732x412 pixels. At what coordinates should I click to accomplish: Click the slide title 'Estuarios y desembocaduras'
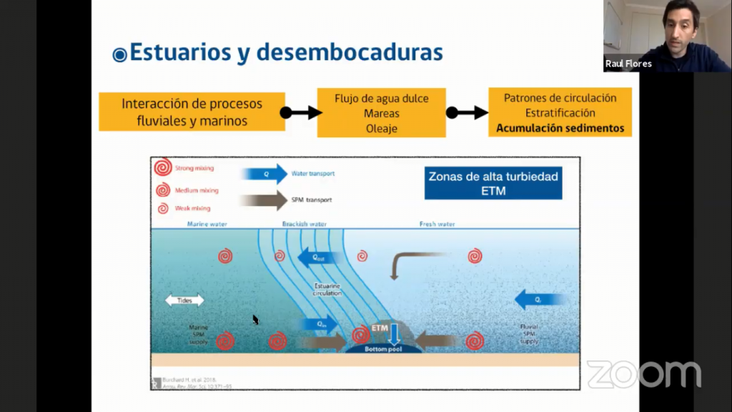[x=286, y=52]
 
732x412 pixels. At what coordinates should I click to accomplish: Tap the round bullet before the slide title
[x=119, y=54]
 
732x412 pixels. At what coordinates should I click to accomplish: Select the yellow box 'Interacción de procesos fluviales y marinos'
[x=192, y=112]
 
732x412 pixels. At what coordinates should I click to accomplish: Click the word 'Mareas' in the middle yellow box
[x=381, y=113]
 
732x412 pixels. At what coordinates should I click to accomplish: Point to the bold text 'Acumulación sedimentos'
[x=560, y=129]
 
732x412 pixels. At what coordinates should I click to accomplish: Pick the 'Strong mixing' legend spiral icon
[x=163, y=169]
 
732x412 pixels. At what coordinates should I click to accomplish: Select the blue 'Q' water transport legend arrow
[x=264, y=174]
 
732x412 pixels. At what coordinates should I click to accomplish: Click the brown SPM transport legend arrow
[x=264, y=200]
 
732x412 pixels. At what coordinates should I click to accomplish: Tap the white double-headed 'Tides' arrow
[x=184, y=300]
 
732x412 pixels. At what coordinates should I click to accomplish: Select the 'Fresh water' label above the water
[x=437, y=224]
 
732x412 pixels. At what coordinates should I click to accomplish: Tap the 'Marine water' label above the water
[x=207, y=224]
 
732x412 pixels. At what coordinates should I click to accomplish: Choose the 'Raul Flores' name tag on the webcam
[x=628, y=64]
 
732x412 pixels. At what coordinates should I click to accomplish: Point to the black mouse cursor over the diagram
[x=255, y=320]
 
